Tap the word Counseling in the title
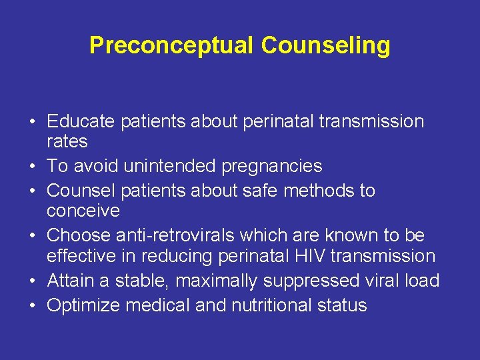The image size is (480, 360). tap(326, 45)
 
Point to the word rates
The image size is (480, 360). tap(67, 141)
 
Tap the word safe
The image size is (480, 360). tap(257, 191)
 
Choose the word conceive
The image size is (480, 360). tap(83, 211)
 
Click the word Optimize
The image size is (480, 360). tap(84, 305)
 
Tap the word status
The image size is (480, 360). tap(343, 305)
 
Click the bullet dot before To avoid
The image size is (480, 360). tap(32, 167)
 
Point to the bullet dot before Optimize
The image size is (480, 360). tap(32, 306)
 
